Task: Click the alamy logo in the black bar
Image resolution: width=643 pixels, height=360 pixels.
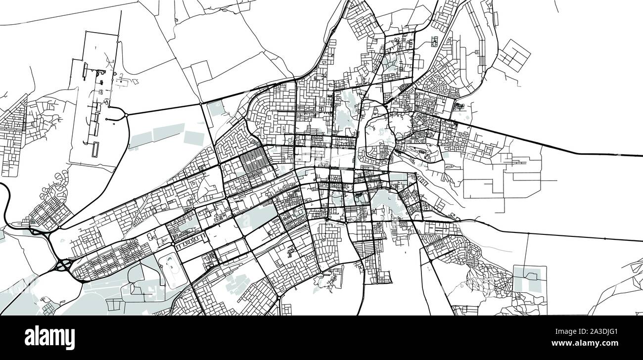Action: pyautogui.click(x=49, y=338)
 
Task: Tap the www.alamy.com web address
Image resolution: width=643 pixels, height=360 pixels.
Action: pyautogui.click(x=599, y=343)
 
